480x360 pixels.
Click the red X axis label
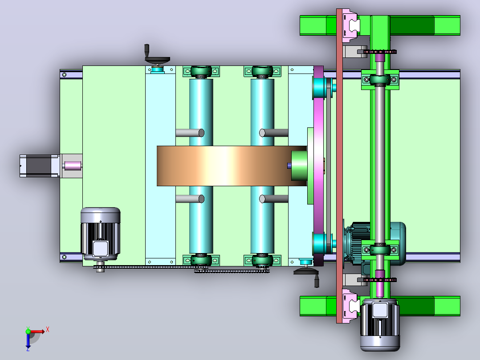pyautogui.click(x=48, y=330)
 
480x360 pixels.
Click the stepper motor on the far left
pyautogui.click(x=40, y=166)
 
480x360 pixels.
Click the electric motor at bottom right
pyautogui.click(x=380, y=325)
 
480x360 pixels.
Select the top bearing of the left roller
pyautogui.click(x=201, y=72)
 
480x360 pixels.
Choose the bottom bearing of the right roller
pyautogui.click(x=262, y=260)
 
